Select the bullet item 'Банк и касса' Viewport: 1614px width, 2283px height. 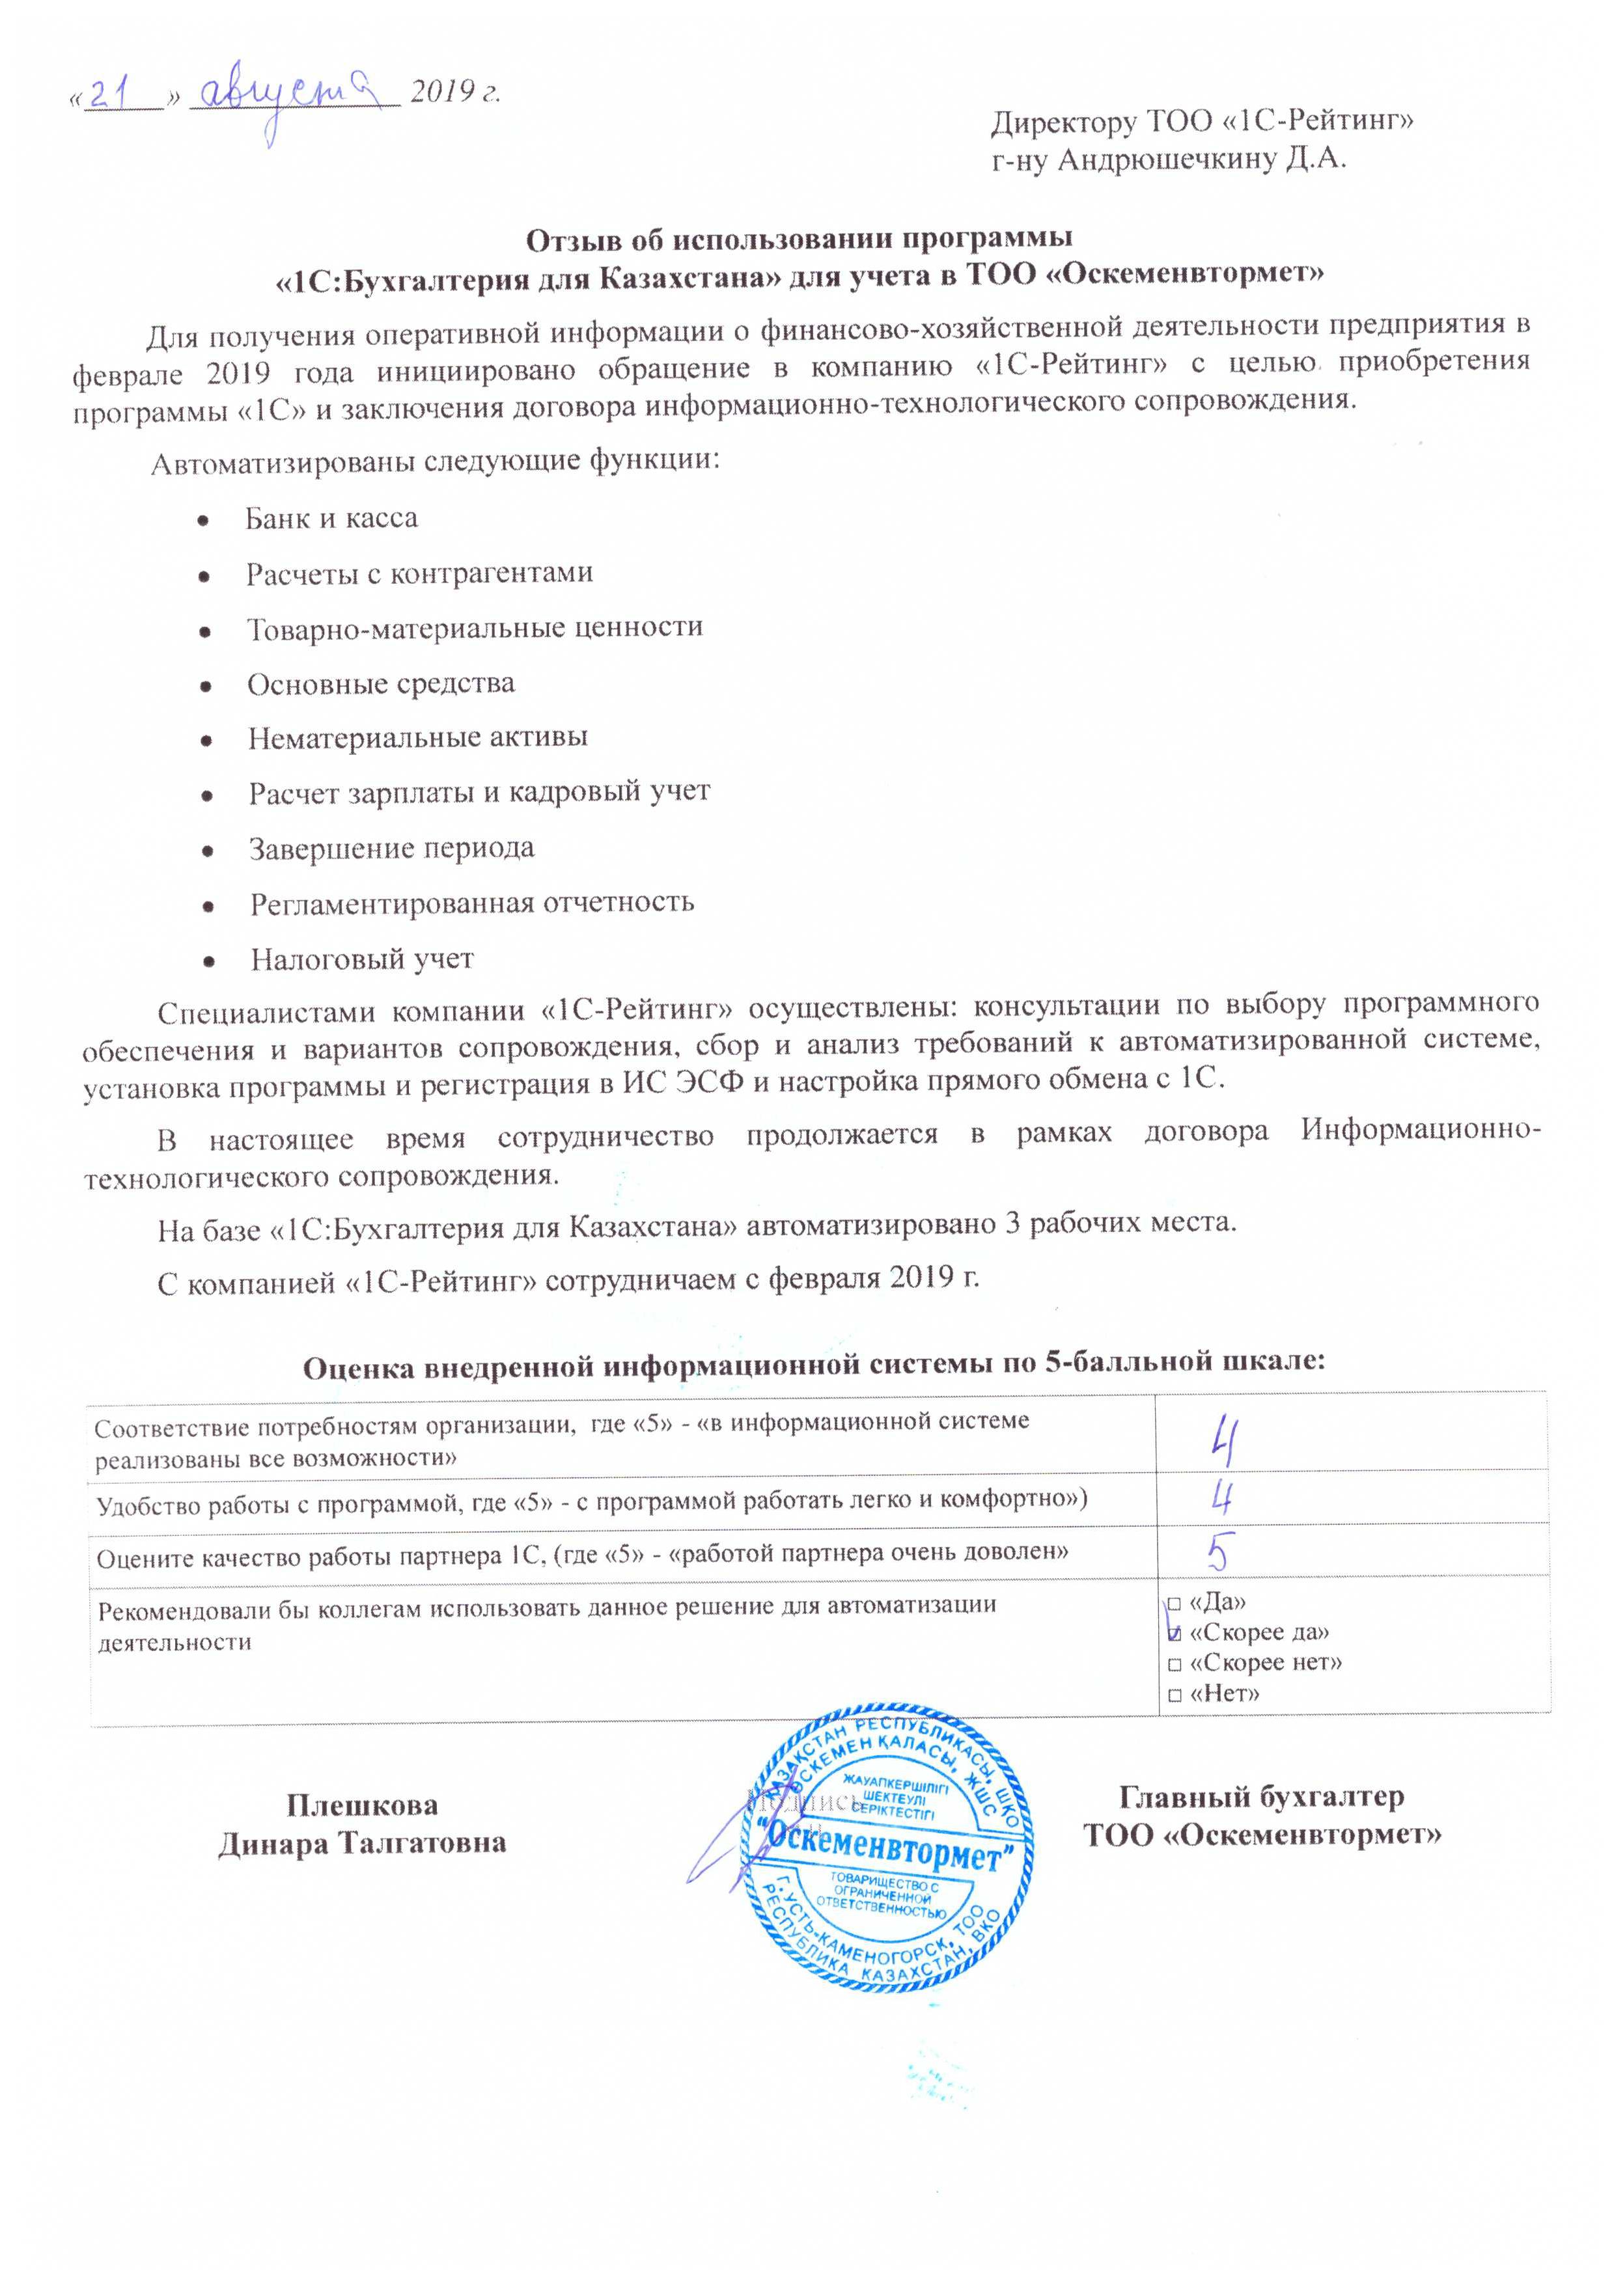tap(331, 518)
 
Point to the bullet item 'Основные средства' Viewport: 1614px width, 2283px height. tap(381, 684)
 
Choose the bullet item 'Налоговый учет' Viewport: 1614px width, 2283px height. tap(362, 959)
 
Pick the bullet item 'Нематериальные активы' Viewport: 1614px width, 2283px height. tap(418, 738)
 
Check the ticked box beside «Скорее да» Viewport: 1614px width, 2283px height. tap(1175, 1633)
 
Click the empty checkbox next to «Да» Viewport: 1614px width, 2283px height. tap(1175, 1604)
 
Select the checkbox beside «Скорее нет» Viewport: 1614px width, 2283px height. tap(1175, 1663)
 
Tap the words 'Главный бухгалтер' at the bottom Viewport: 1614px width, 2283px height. tap(1261, 1796)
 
